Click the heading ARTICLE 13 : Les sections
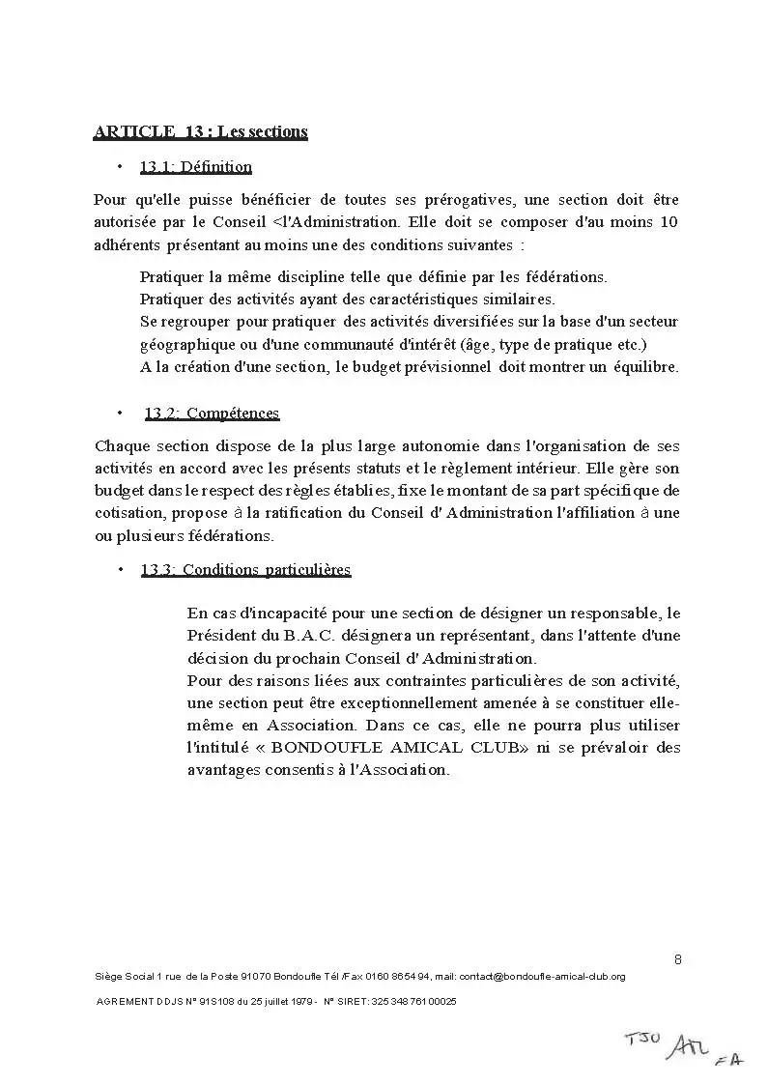tap(200, 131)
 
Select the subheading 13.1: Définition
tap(195, 167)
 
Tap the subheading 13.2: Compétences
tap(212, 414)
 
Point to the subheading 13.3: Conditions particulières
tap(245, 569)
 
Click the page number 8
tap(677, 959)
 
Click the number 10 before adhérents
tap(668, 222)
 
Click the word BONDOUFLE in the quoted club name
tap(324, 748)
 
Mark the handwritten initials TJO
tap(642, 1041)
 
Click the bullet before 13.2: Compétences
tap(120, 414)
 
